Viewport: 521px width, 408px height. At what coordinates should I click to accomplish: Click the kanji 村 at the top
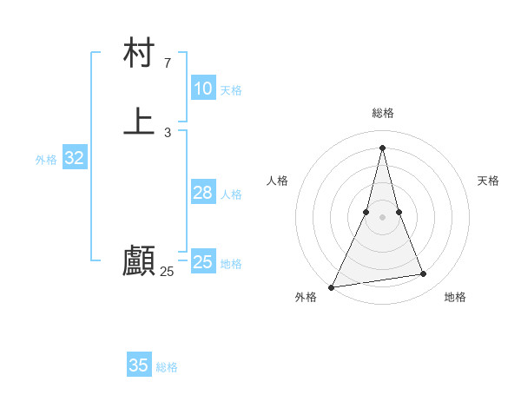pos(139,54)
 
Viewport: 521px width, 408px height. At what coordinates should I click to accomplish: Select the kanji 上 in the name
pos(139,122)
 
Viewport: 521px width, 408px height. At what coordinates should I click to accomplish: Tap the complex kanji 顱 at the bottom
pos(139,260)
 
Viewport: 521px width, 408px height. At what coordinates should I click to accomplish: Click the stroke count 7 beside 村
pos(167,63)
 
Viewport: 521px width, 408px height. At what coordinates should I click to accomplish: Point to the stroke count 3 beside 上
pos(167,133)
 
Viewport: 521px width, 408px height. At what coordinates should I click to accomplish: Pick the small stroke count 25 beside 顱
pos(167,272)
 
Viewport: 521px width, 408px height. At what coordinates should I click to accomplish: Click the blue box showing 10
pos(202,89)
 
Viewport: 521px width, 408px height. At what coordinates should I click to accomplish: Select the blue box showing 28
pos(202,193)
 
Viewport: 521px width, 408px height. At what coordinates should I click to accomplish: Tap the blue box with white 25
pos(202,262)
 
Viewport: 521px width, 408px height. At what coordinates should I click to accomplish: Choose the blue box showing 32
pos(74,158)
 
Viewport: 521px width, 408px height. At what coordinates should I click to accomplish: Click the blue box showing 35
pos(139,365)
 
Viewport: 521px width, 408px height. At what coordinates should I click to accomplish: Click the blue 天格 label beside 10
pos(231,90)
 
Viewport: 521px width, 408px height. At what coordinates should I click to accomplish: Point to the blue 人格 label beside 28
pos(231,194)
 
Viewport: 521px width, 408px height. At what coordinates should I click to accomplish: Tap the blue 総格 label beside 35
pos(167,367)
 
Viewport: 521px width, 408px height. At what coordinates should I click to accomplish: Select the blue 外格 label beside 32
pos(46,160)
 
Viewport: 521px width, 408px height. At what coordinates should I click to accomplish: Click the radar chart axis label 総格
pos(383,113)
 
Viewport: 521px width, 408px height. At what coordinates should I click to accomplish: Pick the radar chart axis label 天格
pos(488,181)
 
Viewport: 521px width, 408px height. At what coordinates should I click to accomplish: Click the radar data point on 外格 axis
pos(332,286)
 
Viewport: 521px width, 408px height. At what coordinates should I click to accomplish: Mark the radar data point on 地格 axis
pos(424,274)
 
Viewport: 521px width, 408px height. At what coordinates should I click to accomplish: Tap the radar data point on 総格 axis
pos(383,147)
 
